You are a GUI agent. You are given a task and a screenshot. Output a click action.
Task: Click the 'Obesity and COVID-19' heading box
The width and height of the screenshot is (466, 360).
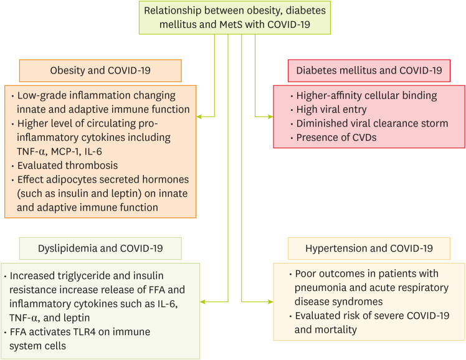[x=100, y=71]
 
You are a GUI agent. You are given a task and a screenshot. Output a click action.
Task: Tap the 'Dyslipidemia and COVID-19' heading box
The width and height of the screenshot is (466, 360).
[x=100, y=249]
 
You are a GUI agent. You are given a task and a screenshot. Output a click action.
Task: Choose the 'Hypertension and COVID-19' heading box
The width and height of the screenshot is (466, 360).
[x=369, y=249]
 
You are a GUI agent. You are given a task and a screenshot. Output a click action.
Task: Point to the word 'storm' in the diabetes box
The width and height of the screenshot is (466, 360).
[x=434, y=123]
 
